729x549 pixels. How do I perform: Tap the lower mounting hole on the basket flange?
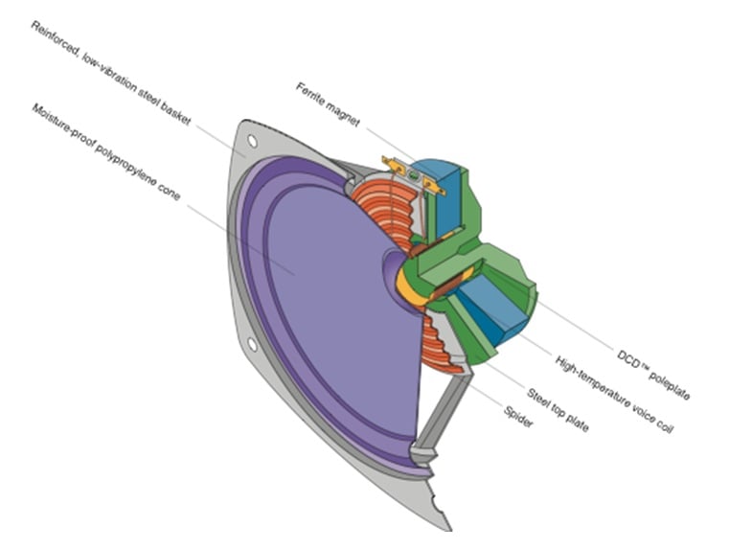[x=251, y=343]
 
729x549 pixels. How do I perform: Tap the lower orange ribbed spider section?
[x=443, y=351]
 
